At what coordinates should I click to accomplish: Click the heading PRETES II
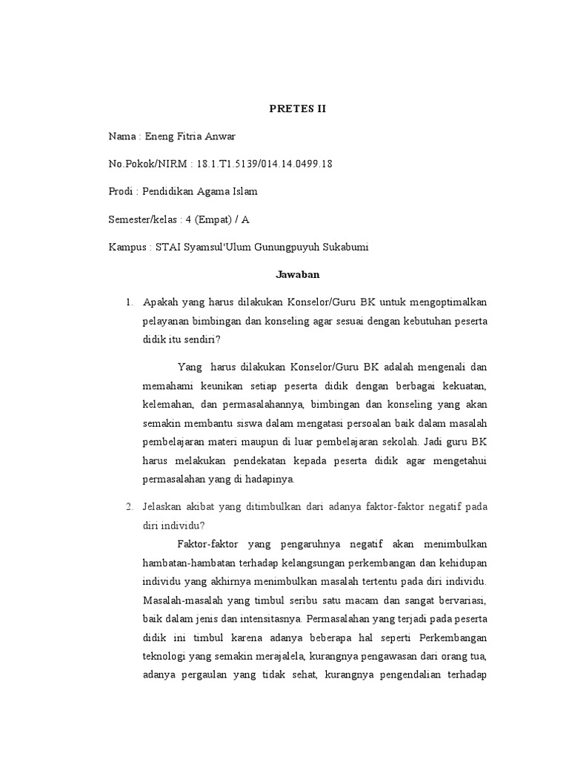coord(296,109)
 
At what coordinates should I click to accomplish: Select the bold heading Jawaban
coord(296,275)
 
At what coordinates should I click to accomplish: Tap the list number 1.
coord(129,302)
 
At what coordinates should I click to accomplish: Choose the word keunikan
coord(222,385)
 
